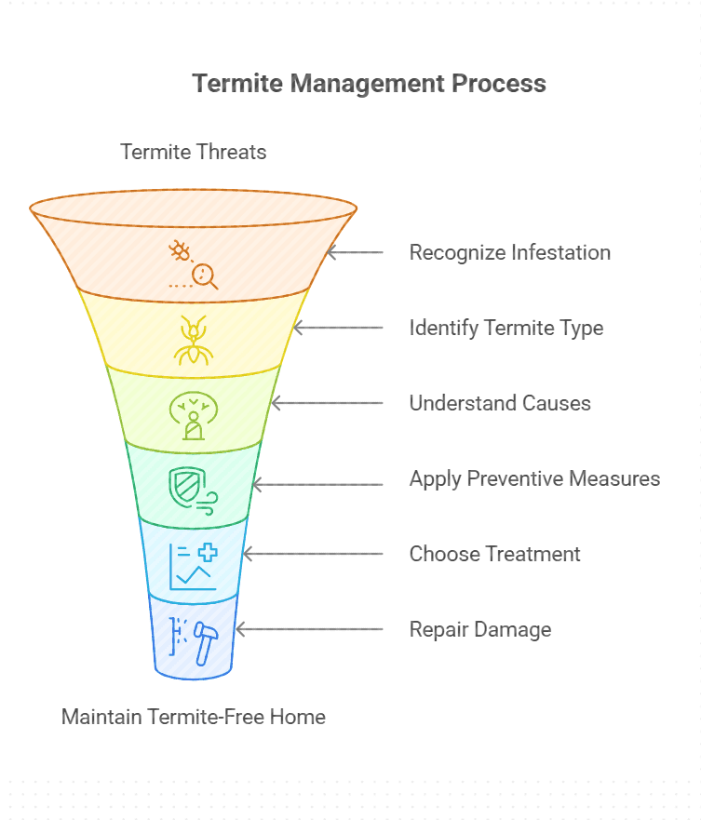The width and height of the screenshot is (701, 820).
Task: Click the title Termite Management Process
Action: coord(369,83)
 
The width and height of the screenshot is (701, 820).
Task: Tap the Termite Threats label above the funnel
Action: coord(194,152)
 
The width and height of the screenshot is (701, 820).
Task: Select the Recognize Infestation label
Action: coord(509,252)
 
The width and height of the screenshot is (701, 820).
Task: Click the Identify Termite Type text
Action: coord(506,328)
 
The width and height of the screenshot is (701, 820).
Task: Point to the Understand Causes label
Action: coord(500,403)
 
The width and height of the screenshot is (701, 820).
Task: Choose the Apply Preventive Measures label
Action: coord(534,478)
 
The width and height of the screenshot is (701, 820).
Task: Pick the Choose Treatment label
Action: coord(494,554)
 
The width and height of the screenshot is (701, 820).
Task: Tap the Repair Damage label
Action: coord(479,629)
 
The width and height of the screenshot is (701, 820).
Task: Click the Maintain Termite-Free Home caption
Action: coord(194,717)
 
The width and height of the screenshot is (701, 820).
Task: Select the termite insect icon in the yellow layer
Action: coord(194,340)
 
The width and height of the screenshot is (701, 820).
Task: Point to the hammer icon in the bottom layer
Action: coord(204,640)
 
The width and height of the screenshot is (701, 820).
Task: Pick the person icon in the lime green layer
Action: coord(194,416)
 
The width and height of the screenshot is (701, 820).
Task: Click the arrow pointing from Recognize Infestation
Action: coord(355,252)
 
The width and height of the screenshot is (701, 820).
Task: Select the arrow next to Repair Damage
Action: coord(309,629)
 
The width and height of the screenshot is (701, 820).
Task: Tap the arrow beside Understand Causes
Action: coord(327,403)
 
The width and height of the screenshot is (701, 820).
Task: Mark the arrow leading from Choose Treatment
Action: coord(312,554)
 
